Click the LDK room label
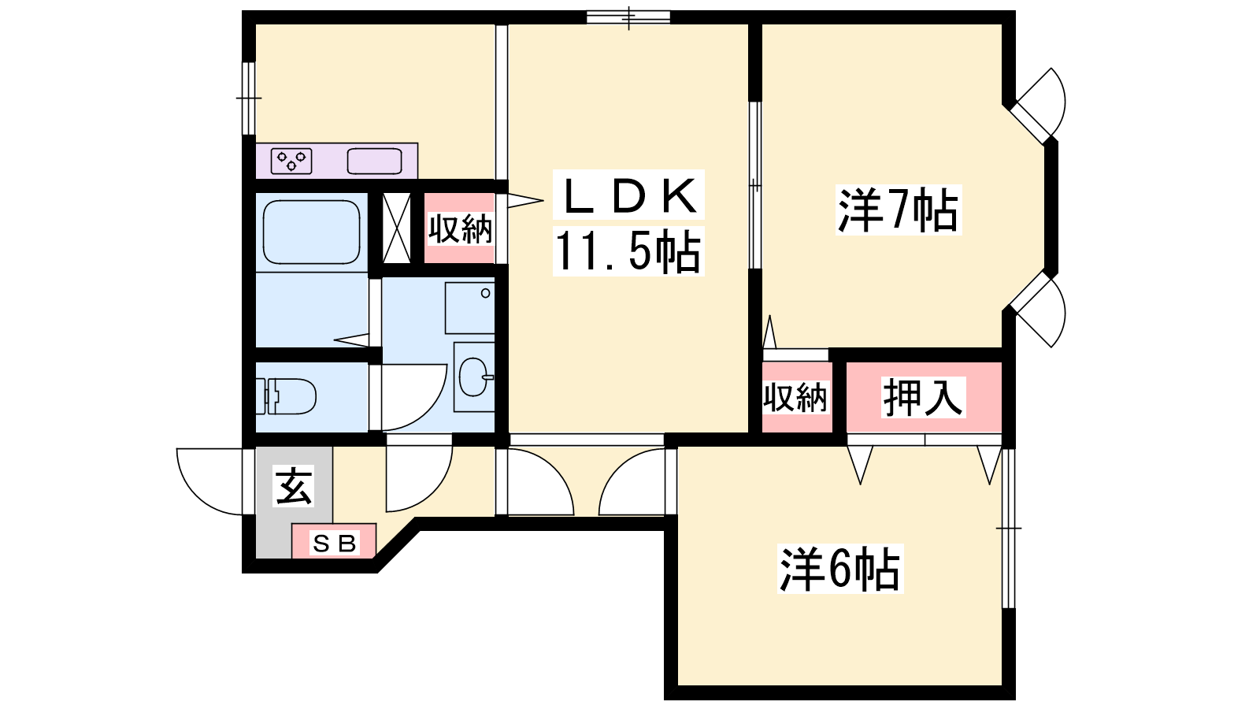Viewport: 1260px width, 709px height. [628, 195]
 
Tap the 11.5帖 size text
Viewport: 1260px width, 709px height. [628, 251]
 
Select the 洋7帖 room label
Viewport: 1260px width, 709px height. [899, 210]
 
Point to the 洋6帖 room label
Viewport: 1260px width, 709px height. [840, 568]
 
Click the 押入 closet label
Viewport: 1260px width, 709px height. [923, 397]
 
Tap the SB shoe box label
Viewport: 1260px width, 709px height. [334, 544]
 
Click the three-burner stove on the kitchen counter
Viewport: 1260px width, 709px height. [291, 161]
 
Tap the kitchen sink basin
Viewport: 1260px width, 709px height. [375, 161]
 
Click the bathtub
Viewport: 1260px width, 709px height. [312, 232]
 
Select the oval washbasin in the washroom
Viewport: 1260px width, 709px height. [474, 376]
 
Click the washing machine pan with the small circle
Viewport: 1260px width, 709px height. [469, 308]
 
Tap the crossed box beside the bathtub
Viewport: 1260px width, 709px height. [397, 228]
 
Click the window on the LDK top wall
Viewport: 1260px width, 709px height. [628, 17]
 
